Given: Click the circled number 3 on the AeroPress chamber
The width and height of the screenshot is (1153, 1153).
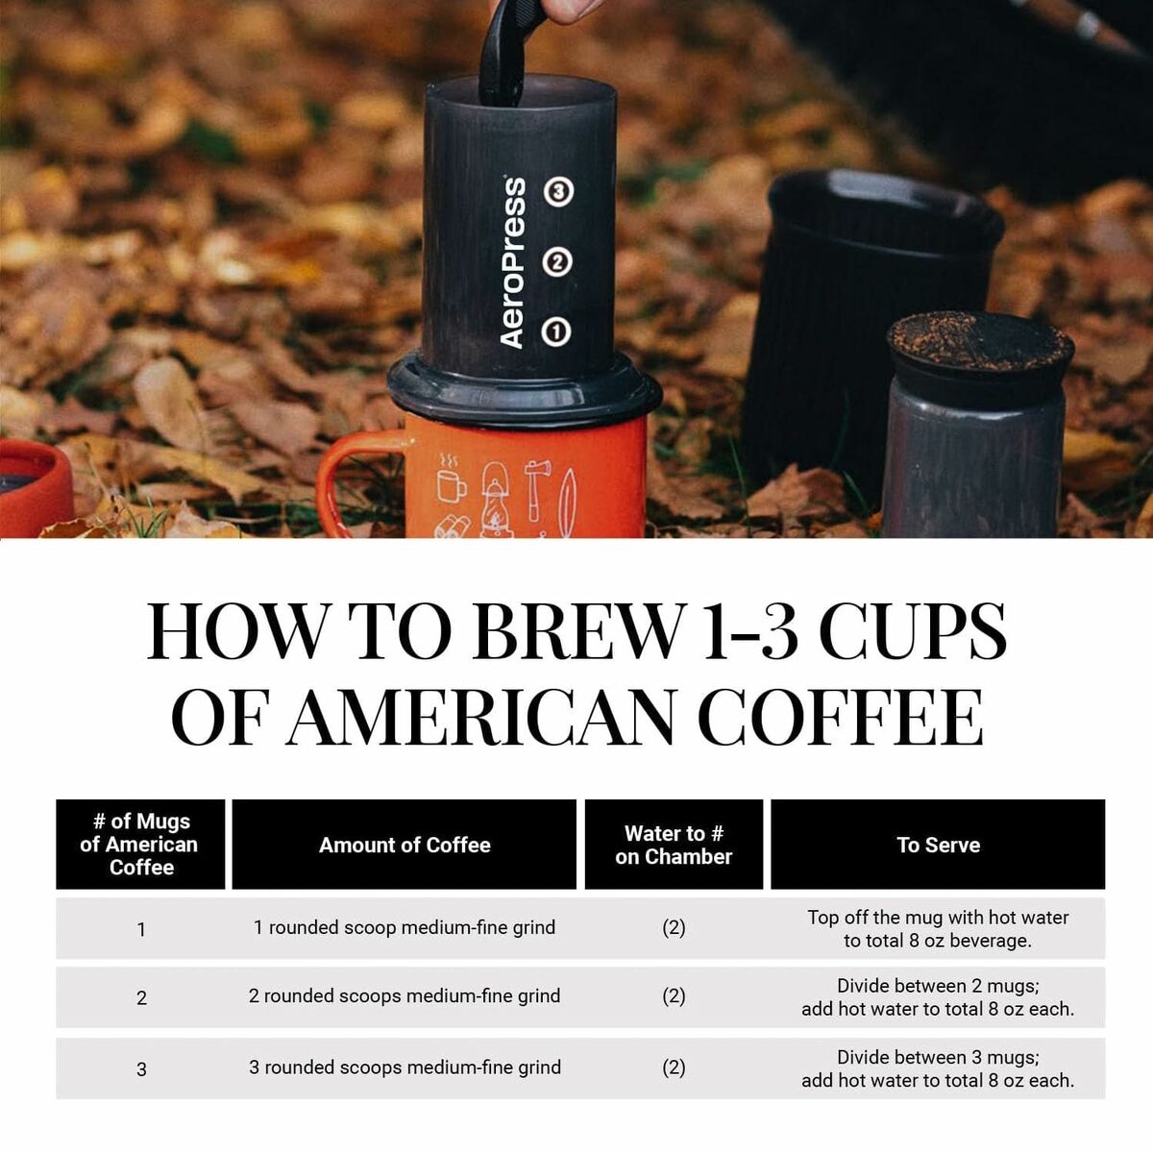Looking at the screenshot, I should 558,192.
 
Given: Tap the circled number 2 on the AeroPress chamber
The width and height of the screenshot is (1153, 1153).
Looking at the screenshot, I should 557,261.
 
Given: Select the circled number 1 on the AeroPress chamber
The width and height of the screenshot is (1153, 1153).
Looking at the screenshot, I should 556,331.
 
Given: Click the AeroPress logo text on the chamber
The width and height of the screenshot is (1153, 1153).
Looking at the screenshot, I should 513,262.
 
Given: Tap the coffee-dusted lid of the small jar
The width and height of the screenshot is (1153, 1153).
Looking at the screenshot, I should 978,341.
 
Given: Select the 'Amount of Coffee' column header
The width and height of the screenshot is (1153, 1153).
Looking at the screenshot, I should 405,845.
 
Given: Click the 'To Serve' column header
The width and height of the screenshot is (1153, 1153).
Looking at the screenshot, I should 938,845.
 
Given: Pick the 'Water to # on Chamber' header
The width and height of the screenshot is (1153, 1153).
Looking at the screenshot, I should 674,845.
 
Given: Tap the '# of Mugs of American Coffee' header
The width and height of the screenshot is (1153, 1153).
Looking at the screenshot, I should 140,845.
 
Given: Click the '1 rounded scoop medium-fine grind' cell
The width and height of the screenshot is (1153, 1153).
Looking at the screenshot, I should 405,927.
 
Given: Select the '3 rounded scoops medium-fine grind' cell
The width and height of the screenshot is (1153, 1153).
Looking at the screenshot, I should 405,1067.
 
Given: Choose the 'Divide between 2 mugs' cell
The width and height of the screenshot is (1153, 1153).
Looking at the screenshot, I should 938,997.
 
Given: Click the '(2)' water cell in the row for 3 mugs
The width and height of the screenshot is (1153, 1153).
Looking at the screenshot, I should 674,1067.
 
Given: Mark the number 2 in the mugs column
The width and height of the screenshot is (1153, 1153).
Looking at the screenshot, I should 141,998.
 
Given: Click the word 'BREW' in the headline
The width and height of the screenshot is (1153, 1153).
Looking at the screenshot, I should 577,631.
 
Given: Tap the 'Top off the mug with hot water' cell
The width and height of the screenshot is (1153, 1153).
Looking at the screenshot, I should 938,928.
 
